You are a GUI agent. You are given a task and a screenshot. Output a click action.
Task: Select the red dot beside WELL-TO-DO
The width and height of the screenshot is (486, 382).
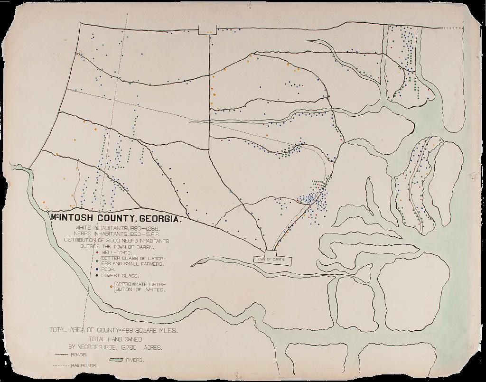tap(98, 253)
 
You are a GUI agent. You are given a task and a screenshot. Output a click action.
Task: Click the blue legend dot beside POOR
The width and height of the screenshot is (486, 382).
tap(98, 269)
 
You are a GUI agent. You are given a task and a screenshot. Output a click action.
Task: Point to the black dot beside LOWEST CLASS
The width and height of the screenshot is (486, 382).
tap(98, 276)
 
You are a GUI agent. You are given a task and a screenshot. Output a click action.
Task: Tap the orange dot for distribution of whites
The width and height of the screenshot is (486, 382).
tap(111, 286)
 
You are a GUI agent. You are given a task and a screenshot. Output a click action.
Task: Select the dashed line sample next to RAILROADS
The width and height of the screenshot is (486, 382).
tap(61, 366)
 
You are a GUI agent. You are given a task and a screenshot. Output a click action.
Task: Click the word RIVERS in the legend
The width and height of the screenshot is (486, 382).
tap(136, 360)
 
